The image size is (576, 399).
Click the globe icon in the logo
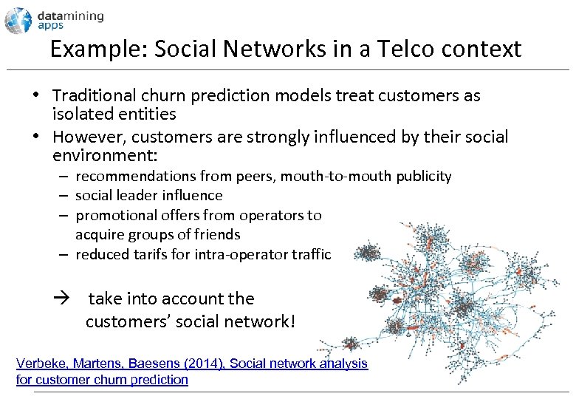click(x=18, y=20)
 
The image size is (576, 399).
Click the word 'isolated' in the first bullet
click(x=81, y=114)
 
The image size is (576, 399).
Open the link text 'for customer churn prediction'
click(x=102, y=380)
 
